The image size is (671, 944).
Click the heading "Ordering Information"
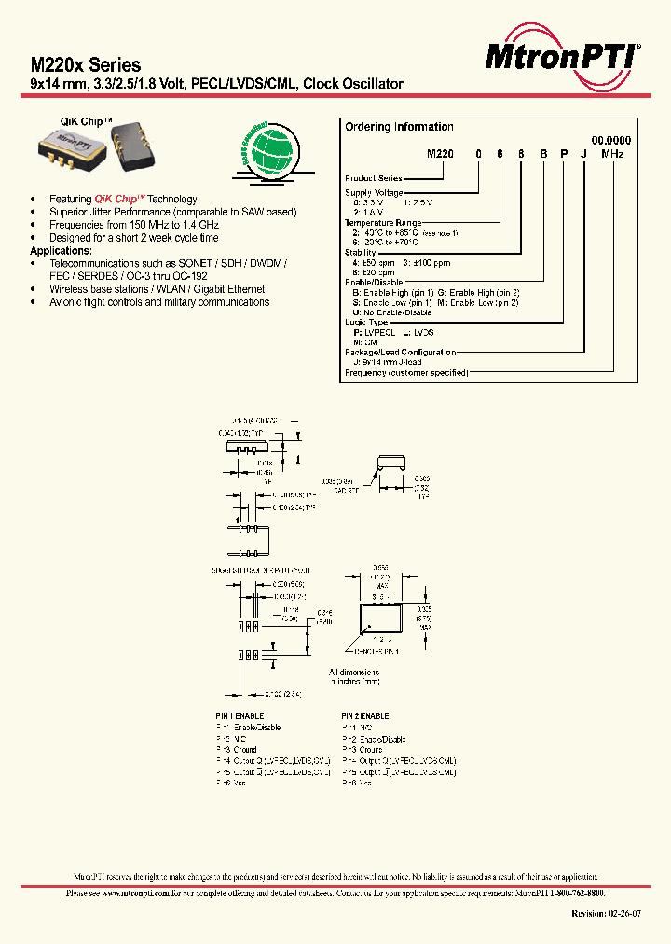[x=399, y=127]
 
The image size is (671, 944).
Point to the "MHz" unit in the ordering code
[x=612, y=153]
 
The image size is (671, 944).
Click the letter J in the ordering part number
[x=584, y=153]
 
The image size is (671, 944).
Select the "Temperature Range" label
[x=383, y=223]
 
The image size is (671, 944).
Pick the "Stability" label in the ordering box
[x=361, y=252]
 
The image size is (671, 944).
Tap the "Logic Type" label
[x=366, y=321]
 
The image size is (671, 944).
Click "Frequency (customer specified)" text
[x=406, y=373]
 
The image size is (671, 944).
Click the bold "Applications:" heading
[x=62, y=251]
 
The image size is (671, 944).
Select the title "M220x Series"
[x=86, y=65]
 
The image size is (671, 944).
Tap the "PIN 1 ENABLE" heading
[x=240, y=715]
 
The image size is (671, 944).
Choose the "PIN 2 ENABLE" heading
[x=365, y=715]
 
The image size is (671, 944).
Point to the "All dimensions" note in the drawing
[x=355, y=672]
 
